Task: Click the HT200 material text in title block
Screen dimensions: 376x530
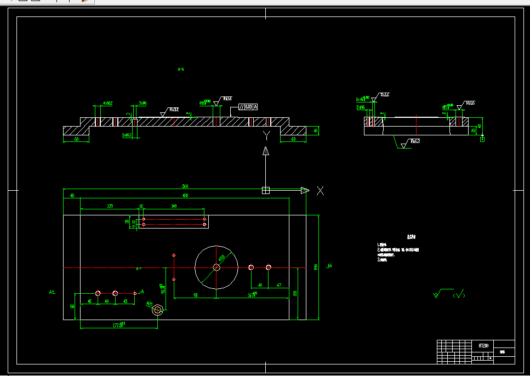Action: [x=483, y=346]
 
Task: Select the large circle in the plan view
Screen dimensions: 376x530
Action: [x=216, y=267]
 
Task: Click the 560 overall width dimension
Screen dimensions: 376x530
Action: [x=184, y=187]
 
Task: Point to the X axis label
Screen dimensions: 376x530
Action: [x=321, y=191]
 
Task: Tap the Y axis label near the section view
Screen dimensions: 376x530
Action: [x=266, y=135]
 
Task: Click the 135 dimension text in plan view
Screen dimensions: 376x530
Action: [x=110, y=206]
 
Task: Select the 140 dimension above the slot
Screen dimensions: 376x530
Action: [x=174, y=206]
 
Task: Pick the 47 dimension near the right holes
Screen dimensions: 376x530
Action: [x=279, y=285]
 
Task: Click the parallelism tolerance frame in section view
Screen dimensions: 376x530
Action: [x=248, y=106]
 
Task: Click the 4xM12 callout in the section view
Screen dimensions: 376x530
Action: [x=107, y=103]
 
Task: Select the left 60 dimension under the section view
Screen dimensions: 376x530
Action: [x=76, y=139]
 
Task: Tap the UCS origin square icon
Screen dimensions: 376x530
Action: [x=266, y=191]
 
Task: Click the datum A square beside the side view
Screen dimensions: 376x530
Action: [x=482, y=139]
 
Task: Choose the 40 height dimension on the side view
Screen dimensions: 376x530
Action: [x=480, y=126]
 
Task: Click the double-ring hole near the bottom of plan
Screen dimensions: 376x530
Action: [x=158, y=310]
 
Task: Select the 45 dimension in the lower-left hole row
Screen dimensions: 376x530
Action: [x=125, y=301]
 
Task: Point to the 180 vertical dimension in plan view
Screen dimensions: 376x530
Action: [x=295, y=293]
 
